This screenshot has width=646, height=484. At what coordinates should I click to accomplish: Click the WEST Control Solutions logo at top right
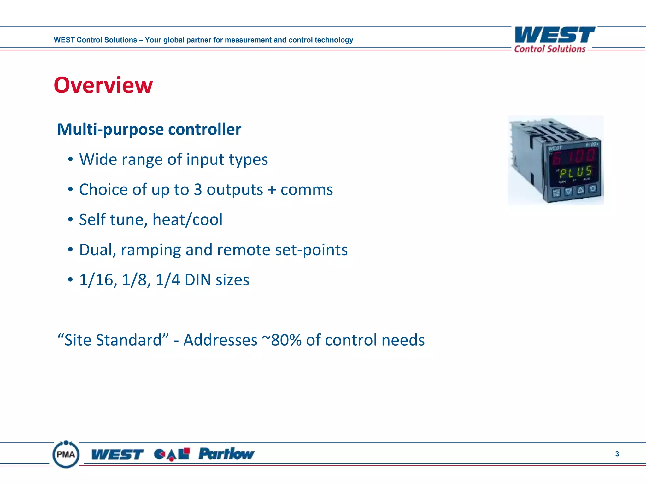click(x=555, y=39)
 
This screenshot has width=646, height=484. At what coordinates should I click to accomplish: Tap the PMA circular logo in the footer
click(x=66, y=454)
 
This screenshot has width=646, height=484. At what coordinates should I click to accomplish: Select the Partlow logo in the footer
click(x=226, y=454)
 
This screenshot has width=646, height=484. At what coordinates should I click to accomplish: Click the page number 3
click(x=617, y=454)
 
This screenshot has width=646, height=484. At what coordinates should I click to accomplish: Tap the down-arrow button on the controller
click(x=568, y=191)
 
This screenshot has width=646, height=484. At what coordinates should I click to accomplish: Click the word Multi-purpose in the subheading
click(x=110, y=129)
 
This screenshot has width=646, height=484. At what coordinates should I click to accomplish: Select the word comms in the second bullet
click(x=307, y=190)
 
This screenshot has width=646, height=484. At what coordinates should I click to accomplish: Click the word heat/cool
click(x=187, y=220)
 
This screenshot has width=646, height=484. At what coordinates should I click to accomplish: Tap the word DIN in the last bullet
click(x=198, y=280)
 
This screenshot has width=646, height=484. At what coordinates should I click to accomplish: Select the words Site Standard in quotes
click(x=113, y=340)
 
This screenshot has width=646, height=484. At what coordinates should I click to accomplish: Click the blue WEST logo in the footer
click(x=117, y=454)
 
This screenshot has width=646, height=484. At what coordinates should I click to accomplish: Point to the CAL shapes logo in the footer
click(x=172, y=454)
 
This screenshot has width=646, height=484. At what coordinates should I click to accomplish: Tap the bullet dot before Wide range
click(x=70, y=159)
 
